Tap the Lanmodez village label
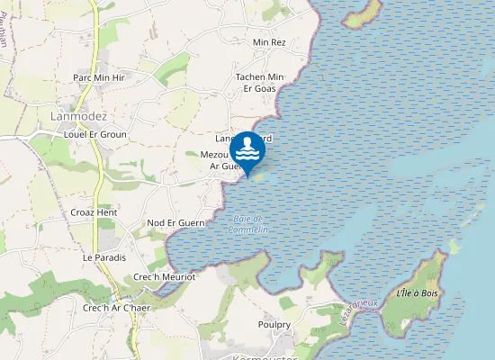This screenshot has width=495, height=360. pos(79,117)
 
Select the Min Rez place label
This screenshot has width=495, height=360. pos(269,42)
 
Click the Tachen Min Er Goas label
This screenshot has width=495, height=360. pos(259,83)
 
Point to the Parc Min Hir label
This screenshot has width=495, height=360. pos(99,78)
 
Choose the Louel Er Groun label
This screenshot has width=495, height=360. pos(95,134)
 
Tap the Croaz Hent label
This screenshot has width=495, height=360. pos(94,212)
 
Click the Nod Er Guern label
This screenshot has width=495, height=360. pos(175,222)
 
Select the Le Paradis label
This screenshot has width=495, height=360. pos(102,256)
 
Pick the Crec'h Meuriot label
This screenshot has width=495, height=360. pos(165,277)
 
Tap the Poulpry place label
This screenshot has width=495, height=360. pos(274,324)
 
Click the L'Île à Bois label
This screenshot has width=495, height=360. pos(417,293)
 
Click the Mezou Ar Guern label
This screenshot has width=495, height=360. pos(220,160)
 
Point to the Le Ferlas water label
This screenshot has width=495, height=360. pos(358,315)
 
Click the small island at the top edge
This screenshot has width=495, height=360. pos(364,13)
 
